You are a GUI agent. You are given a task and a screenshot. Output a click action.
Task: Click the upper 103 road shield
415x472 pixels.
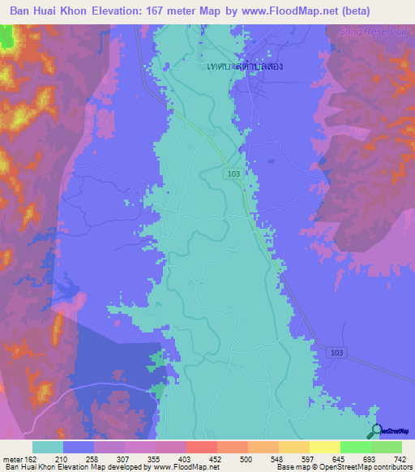coord(233,174)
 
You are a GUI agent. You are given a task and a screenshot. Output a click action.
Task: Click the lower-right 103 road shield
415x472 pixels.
coord(338,353)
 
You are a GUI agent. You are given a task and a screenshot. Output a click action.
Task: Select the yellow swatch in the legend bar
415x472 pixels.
coord(324,447)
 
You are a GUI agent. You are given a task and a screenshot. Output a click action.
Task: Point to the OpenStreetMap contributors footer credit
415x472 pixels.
coord(362,467)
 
